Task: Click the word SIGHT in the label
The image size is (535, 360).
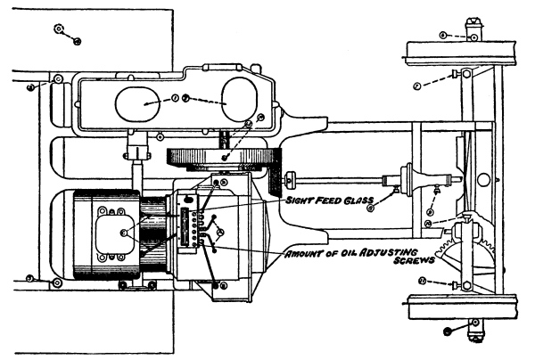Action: click(x=300, y=200)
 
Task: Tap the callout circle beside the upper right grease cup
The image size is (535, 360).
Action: click(x=442, y=34)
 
